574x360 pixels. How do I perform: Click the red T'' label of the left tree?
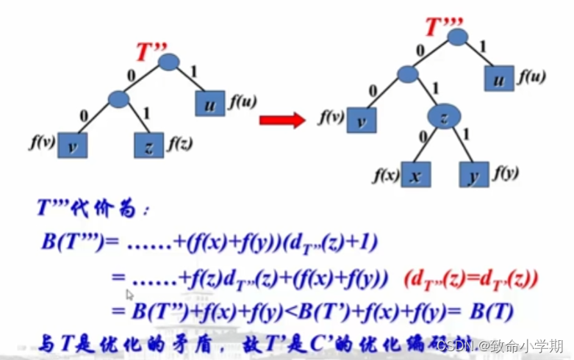coord(153,52)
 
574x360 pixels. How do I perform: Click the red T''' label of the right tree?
coord(445,27)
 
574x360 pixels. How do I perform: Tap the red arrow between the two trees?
coord(282,120)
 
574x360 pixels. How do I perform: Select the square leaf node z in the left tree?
coord(149,145)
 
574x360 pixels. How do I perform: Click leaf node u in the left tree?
coord(210,104)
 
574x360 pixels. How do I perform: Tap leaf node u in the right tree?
coord(499,79)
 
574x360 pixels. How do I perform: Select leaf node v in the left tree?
coord(72,145)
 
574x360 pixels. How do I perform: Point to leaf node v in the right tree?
coord(362,120)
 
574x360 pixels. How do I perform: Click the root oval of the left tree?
coord(169,62)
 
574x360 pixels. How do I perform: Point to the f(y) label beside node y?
coord(506,173)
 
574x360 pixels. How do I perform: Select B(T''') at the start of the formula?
coord(73,242)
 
